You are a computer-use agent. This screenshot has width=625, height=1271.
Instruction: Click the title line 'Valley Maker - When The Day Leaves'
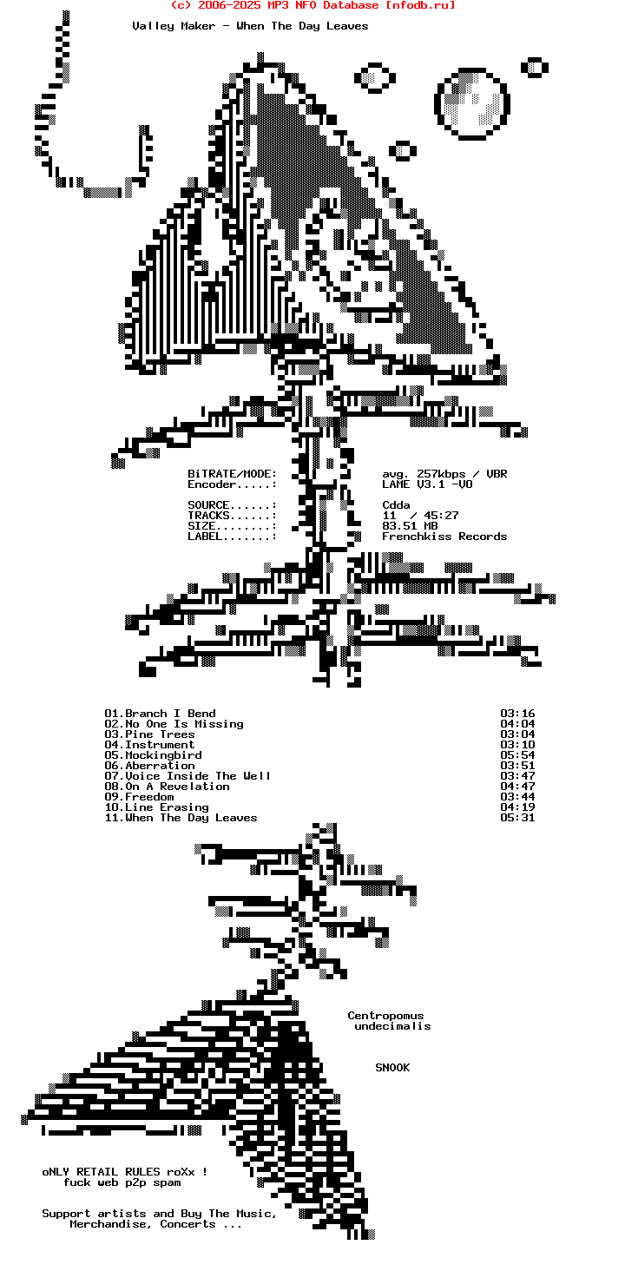click(250, 26)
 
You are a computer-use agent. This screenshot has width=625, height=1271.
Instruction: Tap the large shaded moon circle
click(471, 103)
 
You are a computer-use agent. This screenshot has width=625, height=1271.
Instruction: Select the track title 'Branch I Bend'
click(170, 714)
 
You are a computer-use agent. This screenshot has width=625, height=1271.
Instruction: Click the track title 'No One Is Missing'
click(184, 724)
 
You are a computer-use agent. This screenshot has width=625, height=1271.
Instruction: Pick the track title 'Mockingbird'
click(163, 755)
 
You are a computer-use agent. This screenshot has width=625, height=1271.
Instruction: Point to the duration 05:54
click(517, 755)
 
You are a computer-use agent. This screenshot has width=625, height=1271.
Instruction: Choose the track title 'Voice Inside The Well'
click(198, 776)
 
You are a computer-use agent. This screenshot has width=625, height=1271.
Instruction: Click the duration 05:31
click(517, 818)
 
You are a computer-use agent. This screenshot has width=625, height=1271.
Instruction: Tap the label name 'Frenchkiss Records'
click(444, 537)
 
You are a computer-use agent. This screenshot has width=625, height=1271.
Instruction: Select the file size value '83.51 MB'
click(410, 526)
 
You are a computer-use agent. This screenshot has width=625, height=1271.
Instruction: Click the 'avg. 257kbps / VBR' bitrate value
click(444, 474)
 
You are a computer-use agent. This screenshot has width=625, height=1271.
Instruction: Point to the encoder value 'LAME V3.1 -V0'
click(427, 484)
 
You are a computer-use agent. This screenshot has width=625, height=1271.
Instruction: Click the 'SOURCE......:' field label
click(232, 505)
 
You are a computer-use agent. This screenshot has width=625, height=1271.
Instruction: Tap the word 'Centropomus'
click(385, 1016)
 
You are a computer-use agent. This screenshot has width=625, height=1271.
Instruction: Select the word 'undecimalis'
click(392, 1026)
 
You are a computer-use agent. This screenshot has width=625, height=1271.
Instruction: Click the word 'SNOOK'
click(392, 1068)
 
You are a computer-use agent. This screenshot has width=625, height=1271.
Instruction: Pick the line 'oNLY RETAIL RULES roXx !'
click(125, 1172)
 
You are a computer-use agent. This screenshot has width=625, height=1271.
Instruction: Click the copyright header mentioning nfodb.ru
click(312, 5)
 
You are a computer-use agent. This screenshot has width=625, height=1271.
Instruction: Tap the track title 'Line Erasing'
click(167, 807)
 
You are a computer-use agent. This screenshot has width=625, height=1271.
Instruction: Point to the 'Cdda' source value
click(396, 505)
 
